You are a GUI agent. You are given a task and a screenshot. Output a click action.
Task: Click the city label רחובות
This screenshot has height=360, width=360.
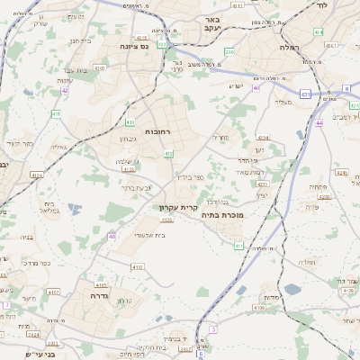coord(157,131)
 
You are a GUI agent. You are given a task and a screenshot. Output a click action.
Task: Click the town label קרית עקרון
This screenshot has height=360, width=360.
coord(176,207)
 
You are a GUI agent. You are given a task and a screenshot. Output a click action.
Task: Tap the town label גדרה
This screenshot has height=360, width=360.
coord(99,294)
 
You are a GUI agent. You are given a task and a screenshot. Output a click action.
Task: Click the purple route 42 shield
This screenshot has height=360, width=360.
coord(65,90)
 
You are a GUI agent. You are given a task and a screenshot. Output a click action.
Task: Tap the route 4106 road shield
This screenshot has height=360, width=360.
coord(260,307)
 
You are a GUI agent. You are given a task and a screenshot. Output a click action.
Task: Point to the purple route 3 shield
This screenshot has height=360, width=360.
coord(213,329)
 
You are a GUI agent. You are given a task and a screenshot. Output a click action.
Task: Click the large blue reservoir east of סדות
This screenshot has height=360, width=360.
coord(293,290)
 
